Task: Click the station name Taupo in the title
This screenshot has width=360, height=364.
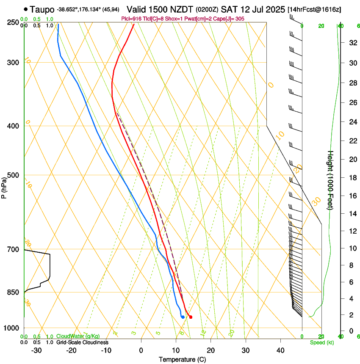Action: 42,9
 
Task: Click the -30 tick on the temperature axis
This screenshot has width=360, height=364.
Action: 36,350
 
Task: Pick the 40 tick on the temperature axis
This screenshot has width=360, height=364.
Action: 280,350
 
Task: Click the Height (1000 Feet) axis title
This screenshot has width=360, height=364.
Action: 330,180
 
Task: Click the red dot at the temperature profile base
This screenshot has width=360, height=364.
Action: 191,317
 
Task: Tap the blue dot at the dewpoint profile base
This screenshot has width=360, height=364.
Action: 183,317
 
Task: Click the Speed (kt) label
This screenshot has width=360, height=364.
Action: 321,342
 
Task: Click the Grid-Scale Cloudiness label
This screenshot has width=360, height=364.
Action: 82,342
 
